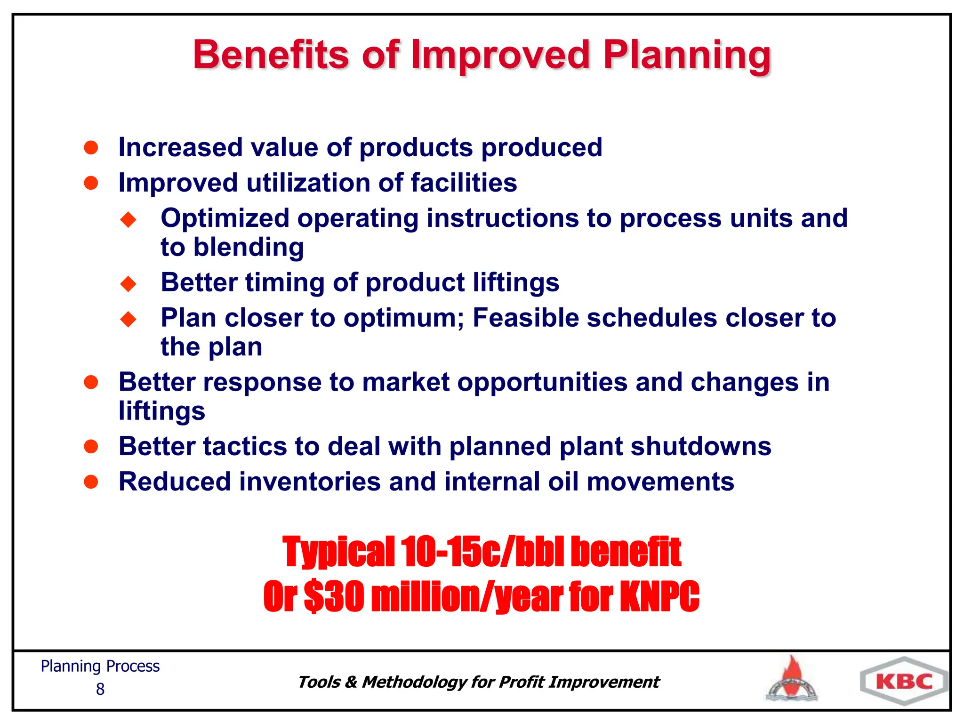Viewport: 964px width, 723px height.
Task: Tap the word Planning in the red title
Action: click(687, 55)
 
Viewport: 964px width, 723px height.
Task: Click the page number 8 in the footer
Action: click(100, 690)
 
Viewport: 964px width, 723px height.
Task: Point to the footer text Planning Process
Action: click(100, 666)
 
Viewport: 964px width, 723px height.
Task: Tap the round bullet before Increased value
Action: click(91, 147)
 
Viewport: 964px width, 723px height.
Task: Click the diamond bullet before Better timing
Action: click(128, 284)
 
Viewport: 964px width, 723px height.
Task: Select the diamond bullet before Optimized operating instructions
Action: click(128, 219)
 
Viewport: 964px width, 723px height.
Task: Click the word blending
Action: click(249, 248)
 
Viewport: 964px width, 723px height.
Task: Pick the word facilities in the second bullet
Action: click(464, 183)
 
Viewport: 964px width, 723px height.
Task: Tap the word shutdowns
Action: click(700, 446)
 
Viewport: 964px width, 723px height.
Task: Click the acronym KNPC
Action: click(659, 596)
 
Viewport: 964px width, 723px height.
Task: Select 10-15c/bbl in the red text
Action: click(482, 552)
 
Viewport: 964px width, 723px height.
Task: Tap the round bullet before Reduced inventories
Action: click(91, 482)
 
